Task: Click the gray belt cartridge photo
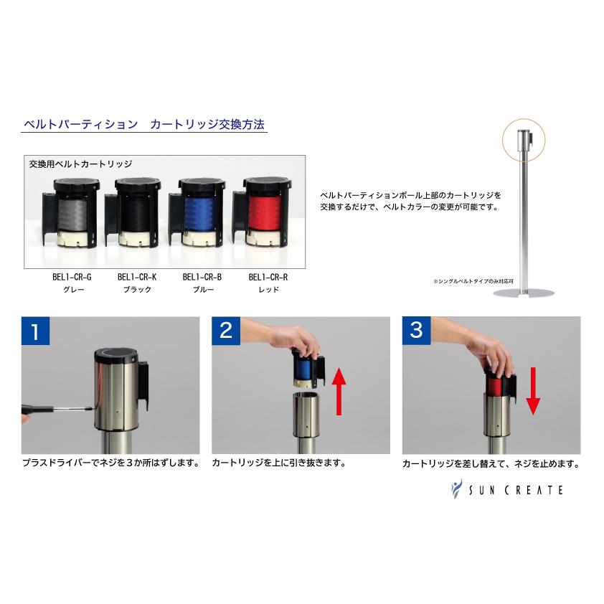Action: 69,213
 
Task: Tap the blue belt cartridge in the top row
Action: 199,213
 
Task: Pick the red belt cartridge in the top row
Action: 265,213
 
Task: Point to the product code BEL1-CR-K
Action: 136,277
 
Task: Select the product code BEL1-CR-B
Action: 202,277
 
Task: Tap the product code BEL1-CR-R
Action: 268,277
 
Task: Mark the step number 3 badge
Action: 417,331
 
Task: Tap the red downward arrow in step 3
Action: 532,389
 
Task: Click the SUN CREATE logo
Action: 506,489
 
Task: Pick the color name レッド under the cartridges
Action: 268,290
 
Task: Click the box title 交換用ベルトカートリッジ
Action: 80,164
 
